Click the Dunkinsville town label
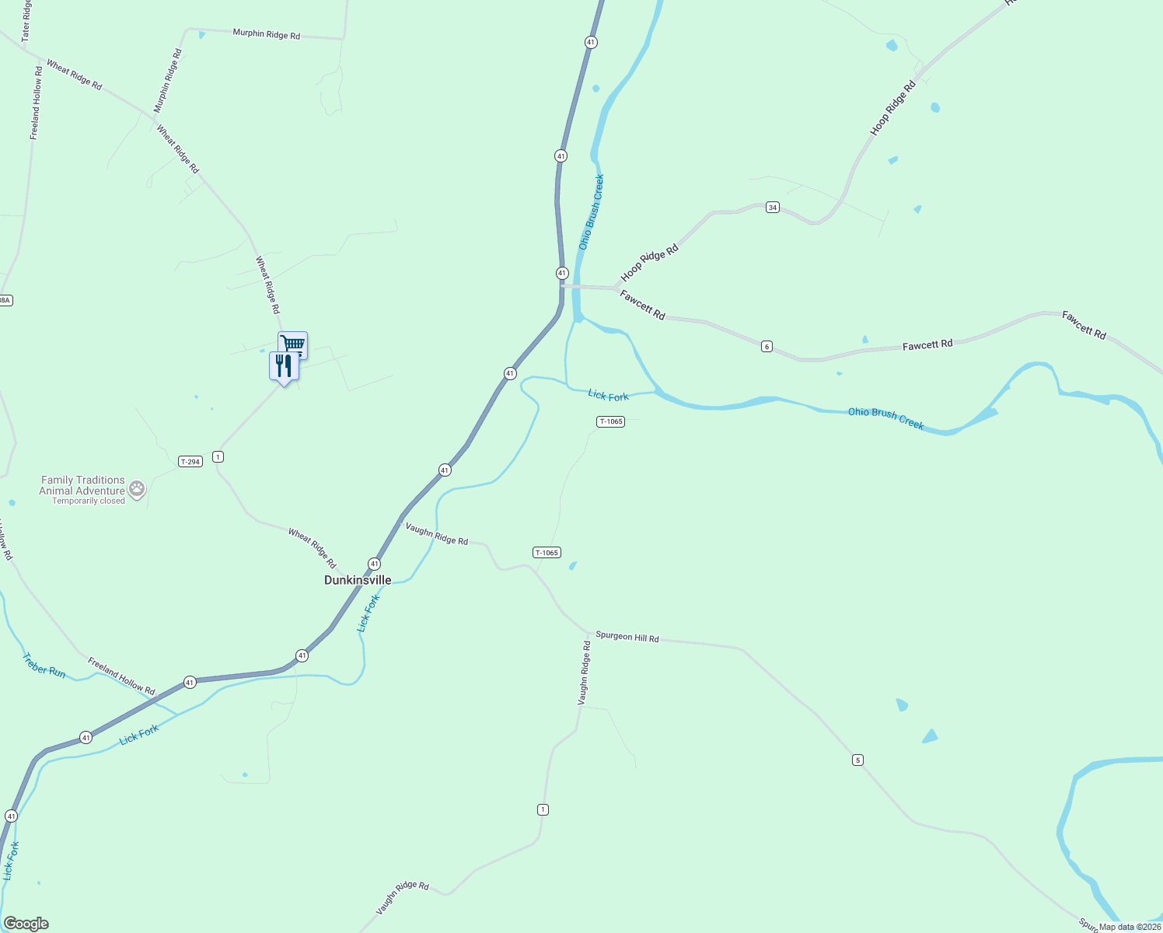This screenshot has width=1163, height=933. [358, 580]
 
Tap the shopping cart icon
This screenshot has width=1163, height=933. [293, 344]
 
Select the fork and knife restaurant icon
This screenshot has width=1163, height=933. [284, 365]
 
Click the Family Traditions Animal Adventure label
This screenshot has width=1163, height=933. [82, 485]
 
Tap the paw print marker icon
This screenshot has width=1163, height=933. [137, 489]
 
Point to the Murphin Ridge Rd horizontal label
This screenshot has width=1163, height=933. [266, 34]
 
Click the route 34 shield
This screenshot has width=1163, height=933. [772, 207]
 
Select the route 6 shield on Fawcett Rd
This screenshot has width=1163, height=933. [767, 346]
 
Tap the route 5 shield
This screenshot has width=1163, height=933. [857, 760]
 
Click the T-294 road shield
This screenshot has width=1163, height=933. [190, 461]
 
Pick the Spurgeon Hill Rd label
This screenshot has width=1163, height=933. [627, 637]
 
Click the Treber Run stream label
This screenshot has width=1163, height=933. [44, 665]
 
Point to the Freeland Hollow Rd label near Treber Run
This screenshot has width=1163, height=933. [121, 676]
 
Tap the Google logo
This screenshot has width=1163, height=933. [26, 924]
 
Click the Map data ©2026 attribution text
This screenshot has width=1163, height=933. [1130, 927]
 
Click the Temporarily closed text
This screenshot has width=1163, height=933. [89, 501]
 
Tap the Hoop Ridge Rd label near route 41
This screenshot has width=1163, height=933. [650, 263]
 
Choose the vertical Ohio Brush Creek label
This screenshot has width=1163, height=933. [591, 211]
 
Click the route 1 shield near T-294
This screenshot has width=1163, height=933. [218, 456]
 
